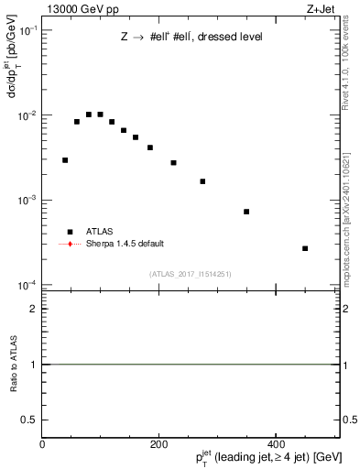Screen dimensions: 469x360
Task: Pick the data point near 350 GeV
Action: coord(246,212)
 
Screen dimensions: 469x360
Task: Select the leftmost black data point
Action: coord(65,160)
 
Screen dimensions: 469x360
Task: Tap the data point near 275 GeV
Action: coord(202,181)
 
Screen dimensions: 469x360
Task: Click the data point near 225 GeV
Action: coord(173,163)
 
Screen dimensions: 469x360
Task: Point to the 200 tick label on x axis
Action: coord(158,444)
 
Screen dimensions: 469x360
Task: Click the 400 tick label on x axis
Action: coord(276,444)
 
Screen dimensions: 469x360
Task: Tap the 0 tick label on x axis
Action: coord(42,444)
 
